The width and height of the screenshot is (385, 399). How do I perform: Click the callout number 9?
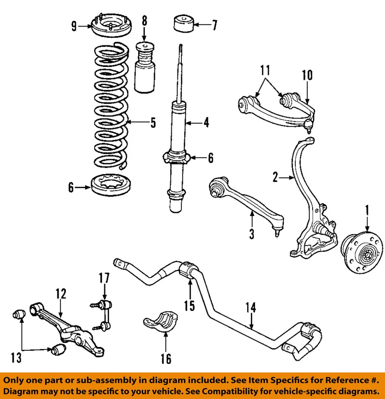[74, 27]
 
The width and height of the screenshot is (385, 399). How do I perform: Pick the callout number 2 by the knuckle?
[275, 178]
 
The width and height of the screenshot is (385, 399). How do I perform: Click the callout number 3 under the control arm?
[251, 234]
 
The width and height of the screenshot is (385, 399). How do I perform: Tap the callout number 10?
[307, 75]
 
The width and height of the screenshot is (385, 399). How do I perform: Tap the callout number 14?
[251, 308]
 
